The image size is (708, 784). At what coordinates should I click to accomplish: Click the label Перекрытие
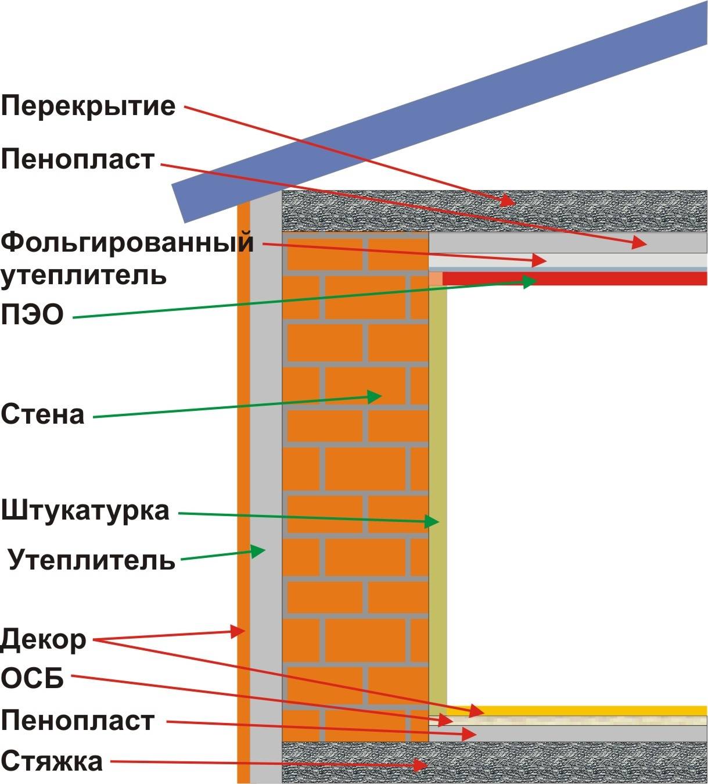(88, 106)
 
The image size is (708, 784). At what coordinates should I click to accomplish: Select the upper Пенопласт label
(78, 159)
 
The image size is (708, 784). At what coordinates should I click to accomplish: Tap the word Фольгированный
(127, 242)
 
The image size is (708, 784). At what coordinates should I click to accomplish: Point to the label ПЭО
(32, 316)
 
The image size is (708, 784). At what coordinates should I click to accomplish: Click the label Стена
(43, 415)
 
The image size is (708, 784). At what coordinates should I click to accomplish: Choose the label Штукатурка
(85, 511)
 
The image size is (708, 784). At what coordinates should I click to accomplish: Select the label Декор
(44, 640)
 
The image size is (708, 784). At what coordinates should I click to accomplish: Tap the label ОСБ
(33, 678)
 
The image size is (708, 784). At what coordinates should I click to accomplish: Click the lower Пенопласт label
(78, 721)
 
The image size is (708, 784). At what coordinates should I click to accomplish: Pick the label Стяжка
(52, 761)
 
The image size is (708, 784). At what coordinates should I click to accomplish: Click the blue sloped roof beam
(441, 110)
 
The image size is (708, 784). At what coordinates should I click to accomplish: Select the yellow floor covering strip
(592, 710)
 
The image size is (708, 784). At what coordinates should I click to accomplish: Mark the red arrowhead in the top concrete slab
(508, 201)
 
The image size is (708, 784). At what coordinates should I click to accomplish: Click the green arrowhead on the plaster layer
(432, 522)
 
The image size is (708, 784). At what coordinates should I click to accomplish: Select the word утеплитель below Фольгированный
(84, 275)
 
